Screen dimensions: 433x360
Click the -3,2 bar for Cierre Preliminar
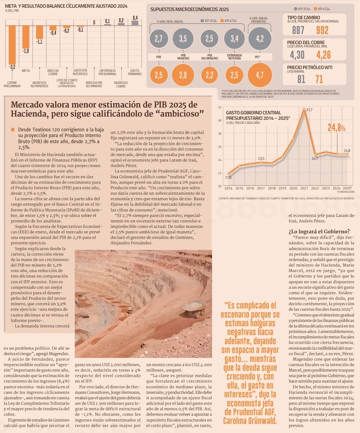pos(12,45)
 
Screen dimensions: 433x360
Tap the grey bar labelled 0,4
pos(135,23)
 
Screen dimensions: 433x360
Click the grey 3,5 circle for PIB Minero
pos(183,39)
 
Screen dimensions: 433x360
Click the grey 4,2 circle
pos(260,39)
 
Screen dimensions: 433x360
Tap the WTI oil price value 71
pos(319,79)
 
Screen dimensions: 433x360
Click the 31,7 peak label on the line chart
pos(309,110)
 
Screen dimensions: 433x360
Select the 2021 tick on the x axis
pos(304,188)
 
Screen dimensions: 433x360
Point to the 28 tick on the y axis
pos(220,133)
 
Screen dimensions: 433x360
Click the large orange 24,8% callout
pos(337,128)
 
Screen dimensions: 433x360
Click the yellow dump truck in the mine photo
pos(194,309)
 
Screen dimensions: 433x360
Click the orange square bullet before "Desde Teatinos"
pos(13,129)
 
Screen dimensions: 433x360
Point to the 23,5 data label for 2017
pos(261,159)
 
